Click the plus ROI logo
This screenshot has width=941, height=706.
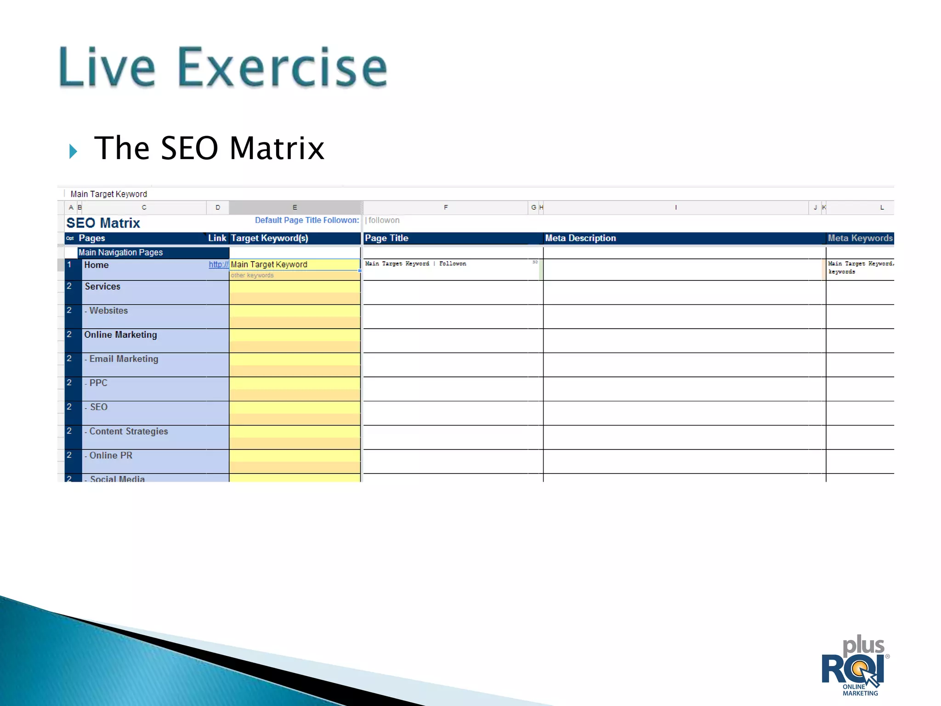(x=855, y=666)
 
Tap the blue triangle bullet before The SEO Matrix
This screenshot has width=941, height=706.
(x=73, y=151)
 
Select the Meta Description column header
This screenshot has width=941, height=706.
(x=580, y=238)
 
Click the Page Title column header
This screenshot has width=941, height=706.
(x=386, y=238)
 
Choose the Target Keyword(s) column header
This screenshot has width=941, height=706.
(x=269, y=238)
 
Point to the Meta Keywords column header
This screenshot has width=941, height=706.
(x=860, y=238)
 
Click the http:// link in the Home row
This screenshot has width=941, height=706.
(x=218, y=264)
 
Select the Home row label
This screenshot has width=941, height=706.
(x=96, y=265)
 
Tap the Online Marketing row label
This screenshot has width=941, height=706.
(x=120, y=335)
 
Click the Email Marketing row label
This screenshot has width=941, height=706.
(x=123, y=359)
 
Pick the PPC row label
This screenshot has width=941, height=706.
(x=98, y=383)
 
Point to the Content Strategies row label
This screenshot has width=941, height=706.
(x=128, y=431)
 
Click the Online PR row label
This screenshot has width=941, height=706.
(x=110, y=455)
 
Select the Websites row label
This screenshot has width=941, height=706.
(x=108, y=311)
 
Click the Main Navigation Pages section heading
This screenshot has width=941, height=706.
(x=120, y=252)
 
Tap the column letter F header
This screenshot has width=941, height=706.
(x=446, y=207)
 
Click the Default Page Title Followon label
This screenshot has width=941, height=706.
(x=306, y=220)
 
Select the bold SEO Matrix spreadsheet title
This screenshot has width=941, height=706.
(x=103, y=223)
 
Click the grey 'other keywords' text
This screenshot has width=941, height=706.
(x=252, y=275)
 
